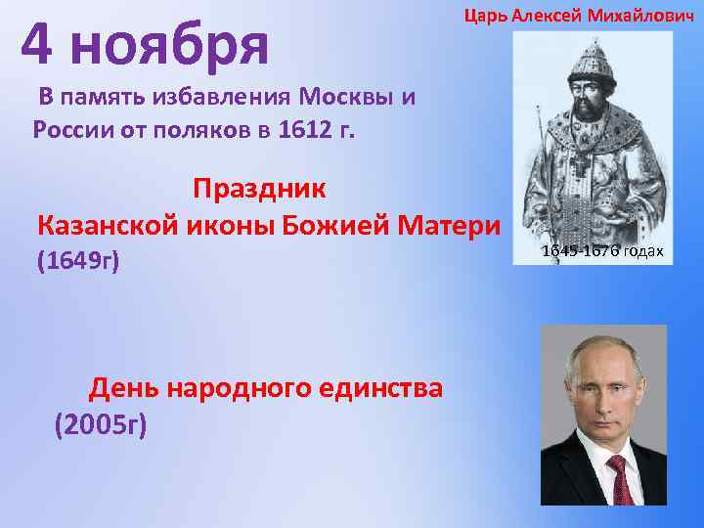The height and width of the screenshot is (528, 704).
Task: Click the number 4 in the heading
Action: [x=40, y=44]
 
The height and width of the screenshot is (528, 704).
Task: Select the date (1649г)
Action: [x=77, y=261]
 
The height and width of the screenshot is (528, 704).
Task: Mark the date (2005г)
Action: [x=101, y=424]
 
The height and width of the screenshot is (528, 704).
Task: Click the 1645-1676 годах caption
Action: [x=602, y=252]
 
